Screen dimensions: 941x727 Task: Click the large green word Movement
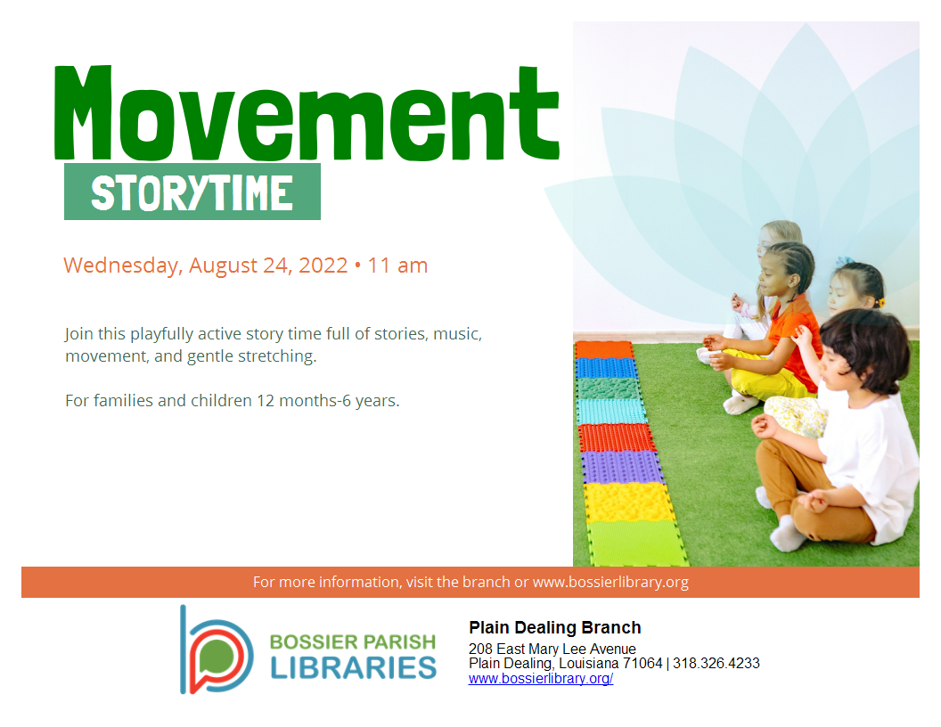[306, 113]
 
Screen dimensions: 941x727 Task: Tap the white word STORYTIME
[192, 192]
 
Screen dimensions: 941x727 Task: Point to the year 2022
[323, 265]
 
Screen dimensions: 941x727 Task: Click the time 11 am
[397, 265]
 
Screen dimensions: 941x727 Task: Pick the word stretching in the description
[277, 356]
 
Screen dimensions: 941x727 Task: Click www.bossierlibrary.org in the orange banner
[610, 582]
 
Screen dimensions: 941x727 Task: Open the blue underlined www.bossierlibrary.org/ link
[541, 678]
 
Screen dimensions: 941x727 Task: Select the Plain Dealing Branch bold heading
[555, 627]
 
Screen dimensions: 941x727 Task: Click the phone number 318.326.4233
[716, 664]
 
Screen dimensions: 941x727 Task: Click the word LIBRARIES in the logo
[354, 668]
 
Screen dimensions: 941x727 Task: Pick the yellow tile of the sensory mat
[629, 502]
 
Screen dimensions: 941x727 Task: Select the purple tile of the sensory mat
[622, 467]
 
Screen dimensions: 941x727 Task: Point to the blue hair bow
[845, 262]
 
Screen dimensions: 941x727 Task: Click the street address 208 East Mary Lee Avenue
[552, 649]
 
